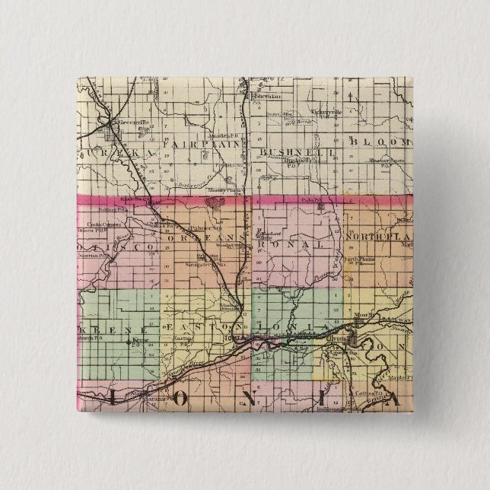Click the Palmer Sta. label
coord(205,227)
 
